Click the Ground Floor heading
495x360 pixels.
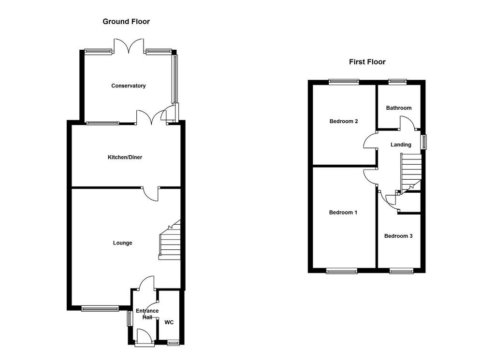click(x=126, y=22)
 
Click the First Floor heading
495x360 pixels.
click(x=367, y=62)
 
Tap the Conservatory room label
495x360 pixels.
click(x=129, y=86)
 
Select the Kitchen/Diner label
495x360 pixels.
click(x=125, y=157)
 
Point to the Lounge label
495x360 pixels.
click(x=122, y=243)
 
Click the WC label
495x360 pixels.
click(x=169, y=322)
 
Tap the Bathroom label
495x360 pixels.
click(x=399, y=108)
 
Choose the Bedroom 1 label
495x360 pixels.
click(x=343, y=212)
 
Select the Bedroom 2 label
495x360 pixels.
click(x=344, y=121)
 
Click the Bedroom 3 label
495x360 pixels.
click(x=398, y=236)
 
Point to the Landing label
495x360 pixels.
click(x=401, y=145)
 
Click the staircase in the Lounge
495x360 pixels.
click(x=170, y=240)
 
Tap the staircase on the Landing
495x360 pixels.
click(x=411, y=173)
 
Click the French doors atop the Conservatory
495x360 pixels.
click(x=129, y=46)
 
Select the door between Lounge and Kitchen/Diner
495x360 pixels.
click(x=151, y=193)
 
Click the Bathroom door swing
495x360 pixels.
click(x=408, y=123)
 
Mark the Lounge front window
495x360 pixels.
click(x=100, y=308)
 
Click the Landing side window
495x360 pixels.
click(x=423, y=142)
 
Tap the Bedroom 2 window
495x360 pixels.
click(x=344, y=82)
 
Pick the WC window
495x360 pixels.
click(x=173, y=343)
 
